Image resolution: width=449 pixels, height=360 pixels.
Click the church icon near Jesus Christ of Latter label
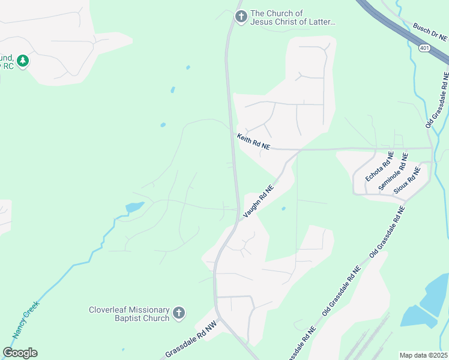[x=241, y=17]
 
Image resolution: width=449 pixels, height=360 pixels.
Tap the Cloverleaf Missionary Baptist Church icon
[x=178, y=313]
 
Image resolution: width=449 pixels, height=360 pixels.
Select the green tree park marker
[x=23, y=61]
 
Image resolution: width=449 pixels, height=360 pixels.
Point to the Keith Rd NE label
[x=253, y=142]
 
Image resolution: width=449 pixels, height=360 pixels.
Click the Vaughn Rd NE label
[x=258, y=201]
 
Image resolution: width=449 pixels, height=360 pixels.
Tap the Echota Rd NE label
[x=379, y=166]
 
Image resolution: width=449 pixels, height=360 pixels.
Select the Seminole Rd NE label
[x=394, y=172]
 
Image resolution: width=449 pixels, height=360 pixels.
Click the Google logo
[x=20, y=353]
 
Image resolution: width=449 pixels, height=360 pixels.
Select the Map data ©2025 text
[x=423, y=355]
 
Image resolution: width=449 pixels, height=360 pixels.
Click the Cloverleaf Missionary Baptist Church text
[x=129, y=314]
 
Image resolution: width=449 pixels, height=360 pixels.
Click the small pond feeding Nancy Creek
[x=134, y=208]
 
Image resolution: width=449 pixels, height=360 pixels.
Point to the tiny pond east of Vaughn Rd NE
[x=283, y=209]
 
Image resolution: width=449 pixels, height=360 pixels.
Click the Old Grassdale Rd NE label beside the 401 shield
[x=437, y=100]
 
